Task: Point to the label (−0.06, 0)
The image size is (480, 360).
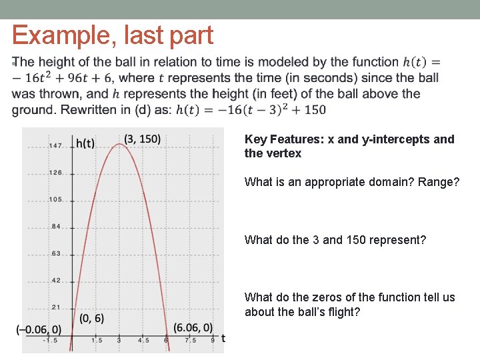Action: click(x=39, y=329)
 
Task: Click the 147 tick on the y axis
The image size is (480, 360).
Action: click(x=55, y=145)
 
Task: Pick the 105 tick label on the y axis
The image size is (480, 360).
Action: click(x=55, y=199)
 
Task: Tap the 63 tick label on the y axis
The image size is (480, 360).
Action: click(x=56, y=253)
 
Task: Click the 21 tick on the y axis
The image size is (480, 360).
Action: click(x=56, y=307)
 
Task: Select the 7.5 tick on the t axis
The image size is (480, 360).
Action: click(x=190, y=340)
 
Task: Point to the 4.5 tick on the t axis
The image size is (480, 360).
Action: click(x=143, y=340)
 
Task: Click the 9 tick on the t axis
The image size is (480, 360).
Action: click(x=213, y=340)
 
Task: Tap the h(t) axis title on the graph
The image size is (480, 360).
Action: click(x=85, y=143)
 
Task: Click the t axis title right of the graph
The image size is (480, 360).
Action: click(x=223, y=339)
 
